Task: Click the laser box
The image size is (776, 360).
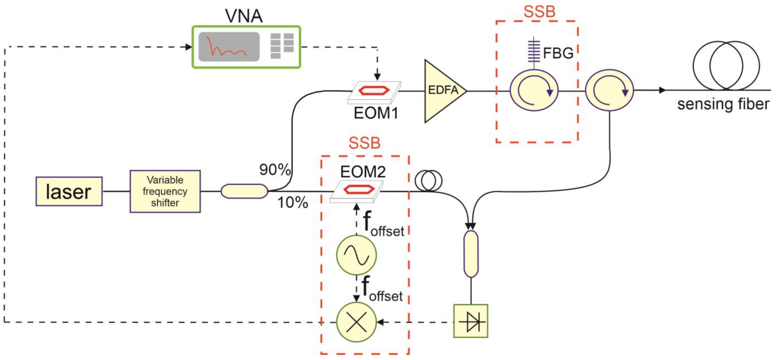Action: [69, 191]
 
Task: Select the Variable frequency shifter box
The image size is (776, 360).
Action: [165, 191]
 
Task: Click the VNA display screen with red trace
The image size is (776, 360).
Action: [229, 47]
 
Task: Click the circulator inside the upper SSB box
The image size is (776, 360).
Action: [534, 90]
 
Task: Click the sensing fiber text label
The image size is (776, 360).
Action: [723, 104]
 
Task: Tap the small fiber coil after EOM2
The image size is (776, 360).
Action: [428, 180]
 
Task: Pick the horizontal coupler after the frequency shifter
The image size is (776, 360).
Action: [244, 191]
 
